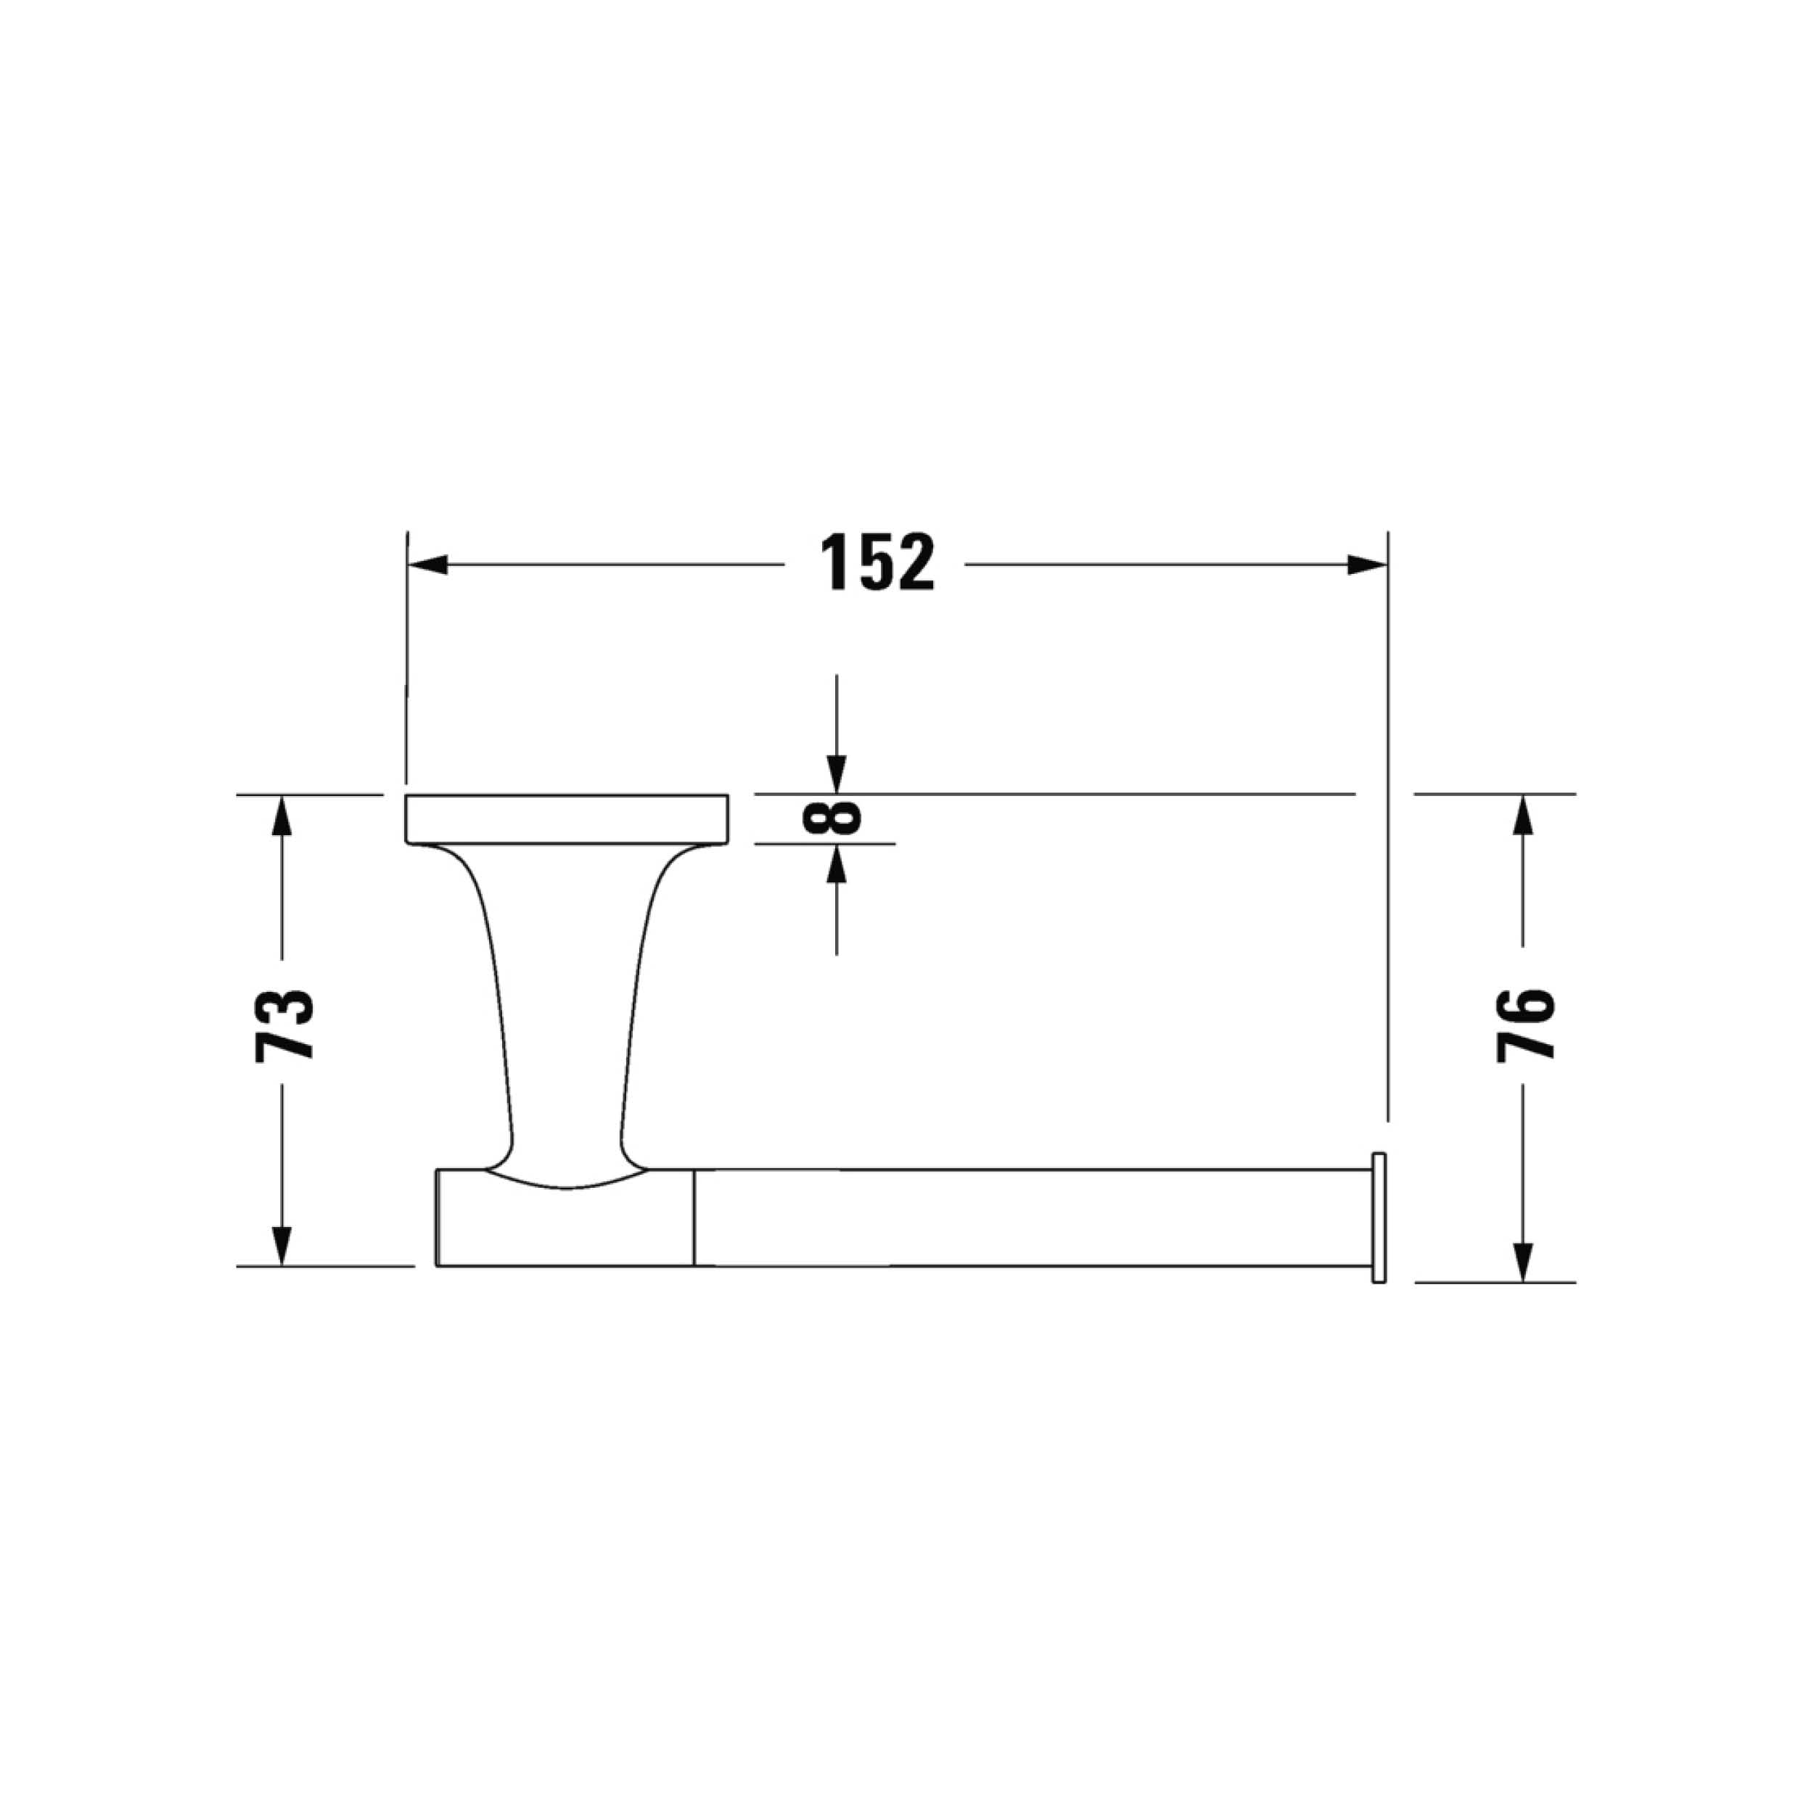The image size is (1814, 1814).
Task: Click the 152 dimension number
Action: (878, 562)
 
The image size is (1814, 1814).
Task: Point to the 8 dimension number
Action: (832, 818)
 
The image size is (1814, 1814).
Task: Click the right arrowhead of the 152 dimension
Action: (1367, 565)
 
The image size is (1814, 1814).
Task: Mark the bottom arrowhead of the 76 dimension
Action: (1523, 1262)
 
